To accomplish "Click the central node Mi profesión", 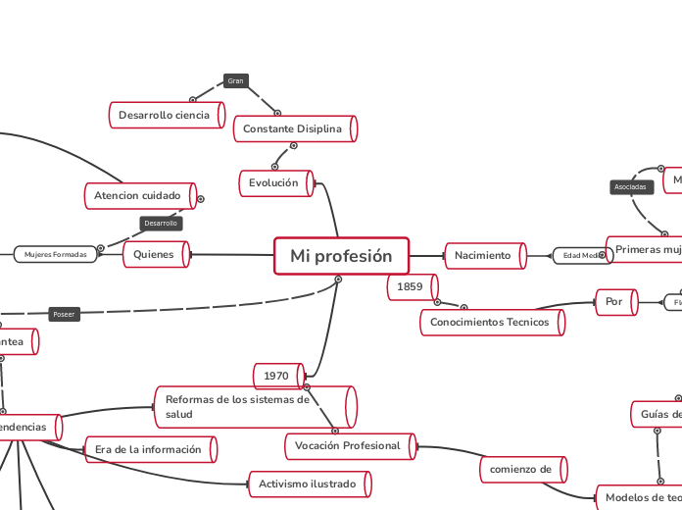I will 341,256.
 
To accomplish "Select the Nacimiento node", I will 483,255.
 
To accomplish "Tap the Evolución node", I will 274,183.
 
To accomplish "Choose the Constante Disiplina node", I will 293,128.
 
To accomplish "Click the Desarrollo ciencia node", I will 165,115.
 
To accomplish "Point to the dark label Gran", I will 235,80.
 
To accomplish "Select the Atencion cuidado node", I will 138,195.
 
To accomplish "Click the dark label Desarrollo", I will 161,223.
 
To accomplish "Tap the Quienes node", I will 154,255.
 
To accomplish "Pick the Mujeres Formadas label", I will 56,255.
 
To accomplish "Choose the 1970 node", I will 277,376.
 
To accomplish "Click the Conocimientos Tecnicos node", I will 490,322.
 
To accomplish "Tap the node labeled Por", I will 614,301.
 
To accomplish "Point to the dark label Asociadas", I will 630,186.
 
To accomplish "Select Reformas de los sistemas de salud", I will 252,406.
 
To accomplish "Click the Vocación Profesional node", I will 348,445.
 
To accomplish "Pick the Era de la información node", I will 148,449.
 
